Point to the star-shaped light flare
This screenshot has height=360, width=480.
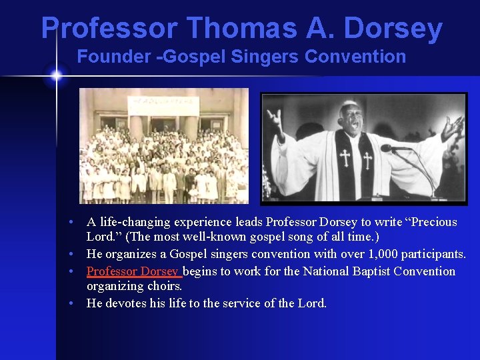[56, 75]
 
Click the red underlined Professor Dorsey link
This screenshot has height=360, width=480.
[133, 271]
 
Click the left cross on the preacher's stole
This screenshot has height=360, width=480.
[345, 158]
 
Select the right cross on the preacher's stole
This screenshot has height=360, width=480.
[367, 159]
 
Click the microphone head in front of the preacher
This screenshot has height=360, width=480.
[387, 148]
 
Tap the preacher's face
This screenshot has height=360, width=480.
[352, 119]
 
